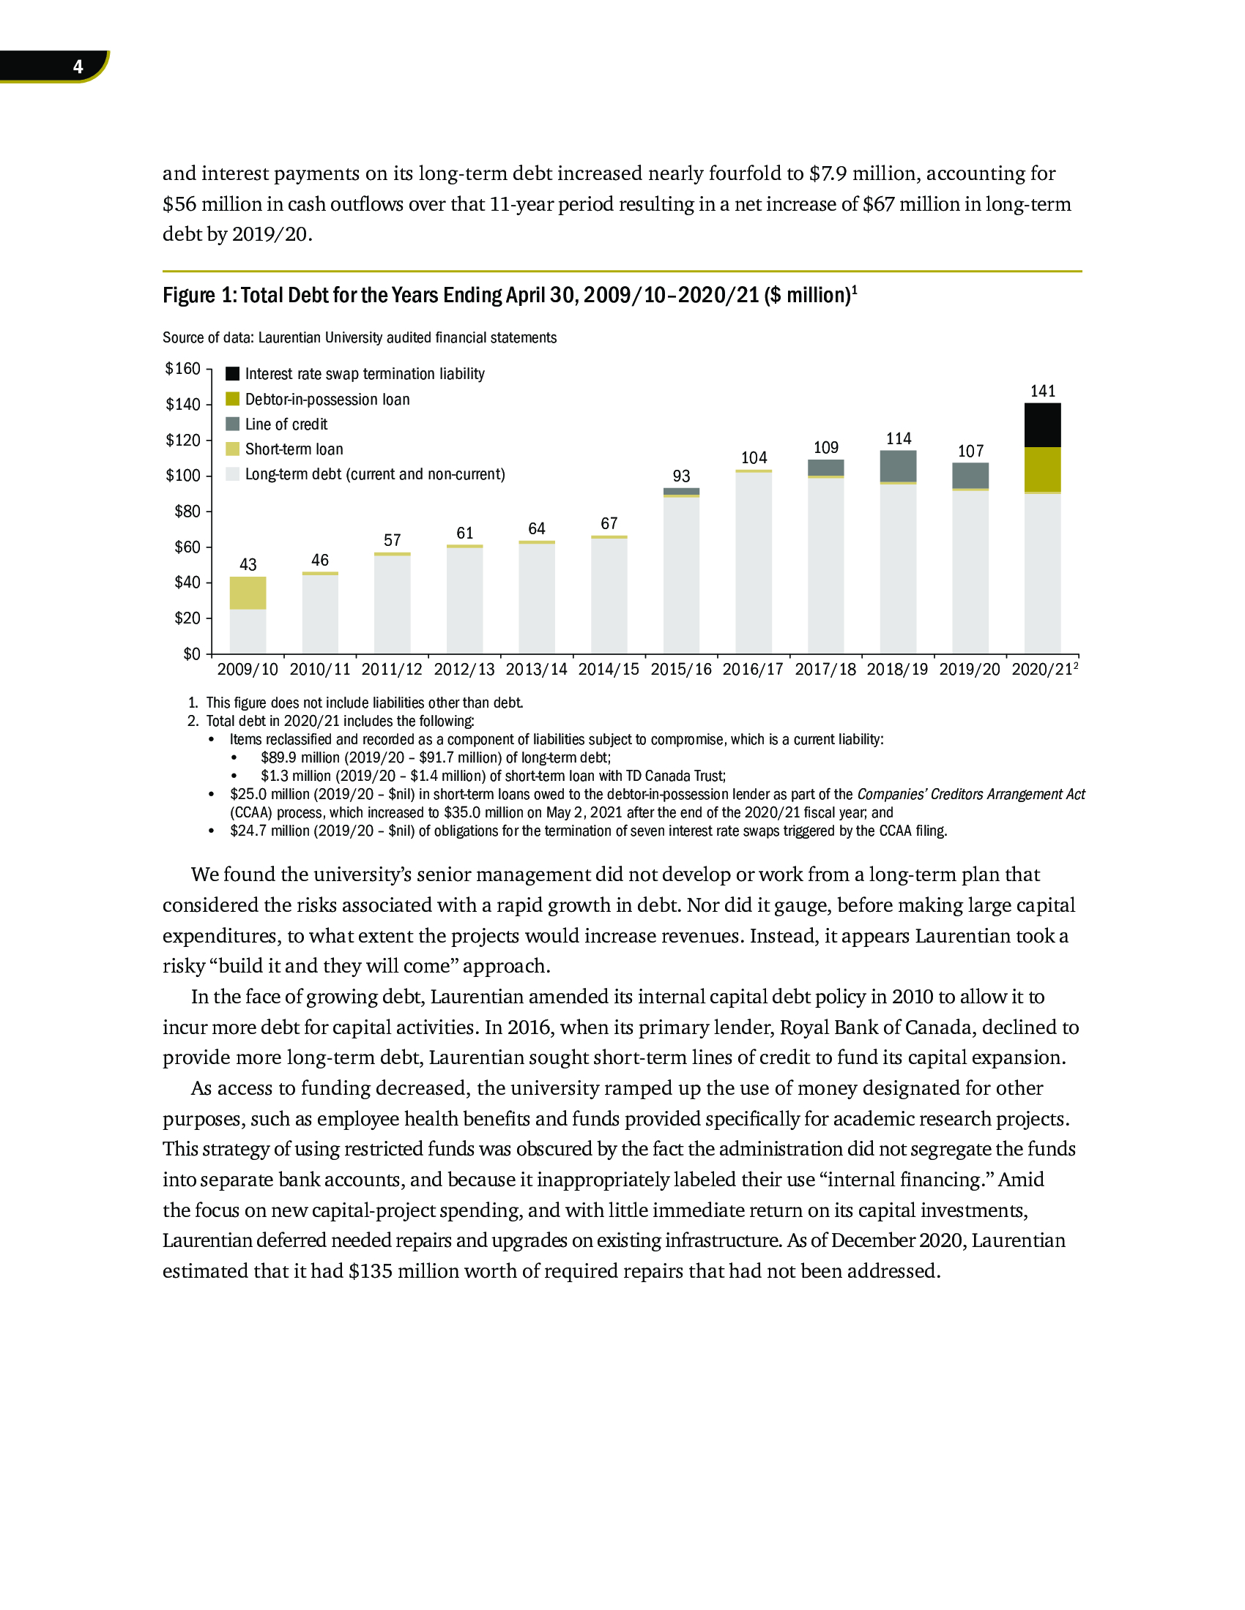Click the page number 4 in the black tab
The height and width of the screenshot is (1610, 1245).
point(78,67)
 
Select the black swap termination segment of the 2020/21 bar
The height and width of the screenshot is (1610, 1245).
point(1042,425)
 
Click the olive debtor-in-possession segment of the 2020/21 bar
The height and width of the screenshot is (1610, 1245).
point(1042,470)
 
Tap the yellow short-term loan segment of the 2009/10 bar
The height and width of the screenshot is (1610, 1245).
point(248,593)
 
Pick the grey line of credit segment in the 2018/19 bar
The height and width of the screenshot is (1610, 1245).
point(898,466)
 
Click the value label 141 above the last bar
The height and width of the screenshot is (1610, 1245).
point(1043,391)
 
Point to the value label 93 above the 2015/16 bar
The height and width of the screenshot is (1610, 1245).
point(682,476)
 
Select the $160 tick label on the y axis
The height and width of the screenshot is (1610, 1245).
point(183,369)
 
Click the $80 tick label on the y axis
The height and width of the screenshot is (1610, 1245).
point(187,512)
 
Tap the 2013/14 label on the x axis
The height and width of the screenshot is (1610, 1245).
point(536,670)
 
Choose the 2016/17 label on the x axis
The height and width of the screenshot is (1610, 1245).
point(753,670)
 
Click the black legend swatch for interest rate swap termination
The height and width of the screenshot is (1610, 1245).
point(232,374)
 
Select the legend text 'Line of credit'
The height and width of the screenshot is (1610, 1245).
point(286,424)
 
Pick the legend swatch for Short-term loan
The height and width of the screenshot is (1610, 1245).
point(232,449)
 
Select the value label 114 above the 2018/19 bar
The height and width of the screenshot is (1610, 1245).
point(899,438)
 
